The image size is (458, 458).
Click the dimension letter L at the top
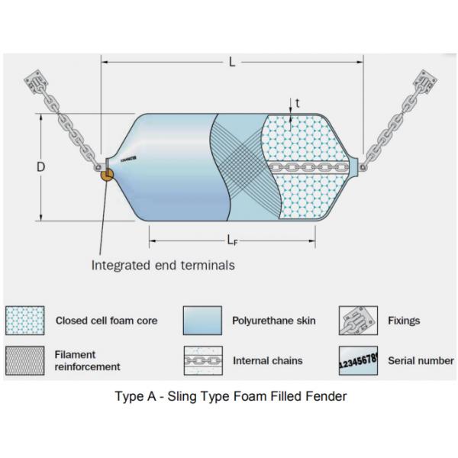pos(232,63)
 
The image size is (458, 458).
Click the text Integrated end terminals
pos(163,266)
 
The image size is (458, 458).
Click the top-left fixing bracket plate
pos(36,82)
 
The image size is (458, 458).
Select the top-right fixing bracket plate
pos(425,82)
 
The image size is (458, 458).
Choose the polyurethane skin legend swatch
pos(202,321)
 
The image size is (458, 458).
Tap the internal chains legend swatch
pos(202,360)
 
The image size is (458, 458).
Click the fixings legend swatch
pos(358,321)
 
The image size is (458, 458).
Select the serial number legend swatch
pos(358,360)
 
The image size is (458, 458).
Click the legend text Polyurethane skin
pos(273,321)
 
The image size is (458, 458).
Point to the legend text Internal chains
pos(267,360)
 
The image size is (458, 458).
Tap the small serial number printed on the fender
pos(128,159)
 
